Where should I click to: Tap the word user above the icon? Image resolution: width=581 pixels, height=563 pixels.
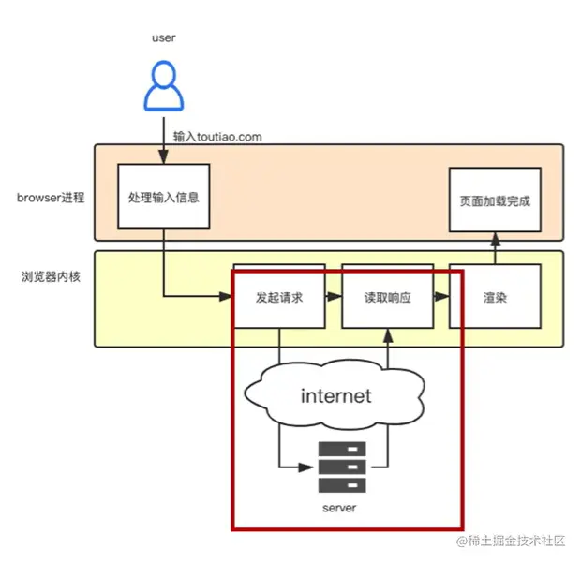[x=163, y=37]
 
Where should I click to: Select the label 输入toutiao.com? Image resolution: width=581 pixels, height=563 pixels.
[x=217, y=137]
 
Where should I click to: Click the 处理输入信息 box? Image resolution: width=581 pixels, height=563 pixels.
[x=164, y=197]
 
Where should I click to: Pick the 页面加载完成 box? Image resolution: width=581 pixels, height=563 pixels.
[x=495, y=200]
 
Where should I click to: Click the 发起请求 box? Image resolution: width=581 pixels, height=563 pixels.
[x=279, y=296]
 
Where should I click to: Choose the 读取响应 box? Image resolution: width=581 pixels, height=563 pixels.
[x=388, y=296]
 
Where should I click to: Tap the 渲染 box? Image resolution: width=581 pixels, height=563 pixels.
[x=495, y=296]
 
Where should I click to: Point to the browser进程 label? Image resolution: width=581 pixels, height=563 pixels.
[x=51, y=198]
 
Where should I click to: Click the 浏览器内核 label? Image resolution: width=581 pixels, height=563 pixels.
[x=51, y=276]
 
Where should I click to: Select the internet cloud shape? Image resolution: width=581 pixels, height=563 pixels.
[x=335, y=394]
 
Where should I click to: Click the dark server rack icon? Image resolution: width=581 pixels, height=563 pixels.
[x=342, y=467]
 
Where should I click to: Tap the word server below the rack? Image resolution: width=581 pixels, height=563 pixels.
[x=339, y=508]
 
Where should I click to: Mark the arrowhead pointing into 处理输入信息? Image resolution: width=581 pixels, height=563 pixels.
[x=164, y=157]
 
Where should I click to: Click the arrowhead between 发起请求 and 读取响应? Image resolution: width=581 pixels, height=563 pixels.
[x=335, y=296]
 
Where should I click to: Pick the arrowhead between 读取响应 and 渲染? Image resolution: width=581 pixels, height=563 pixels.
[x=441, y=296]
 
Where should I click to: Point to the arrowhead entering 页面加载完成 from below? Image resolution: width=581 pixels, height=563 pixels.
[x=496, y=239]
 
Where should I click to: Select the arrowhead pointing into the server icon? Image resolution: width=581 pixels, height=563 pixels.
[x=306, y=467]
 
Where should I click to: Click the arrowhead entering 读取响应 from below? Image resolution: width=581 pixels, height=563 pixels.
[x=388, y=335]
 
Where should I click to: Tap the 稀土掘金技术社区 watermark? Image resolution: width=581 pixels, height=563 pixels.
[x=511, y=541]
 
